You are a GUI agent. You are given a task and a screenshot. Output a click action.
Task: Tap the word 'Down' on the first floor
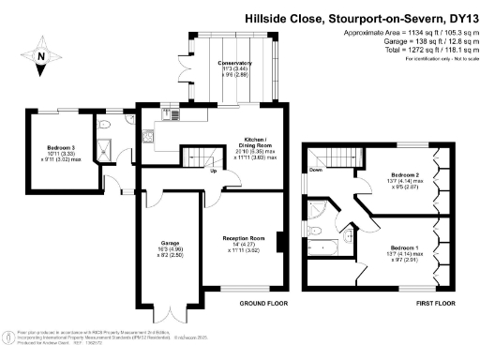tap(315, 171)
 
